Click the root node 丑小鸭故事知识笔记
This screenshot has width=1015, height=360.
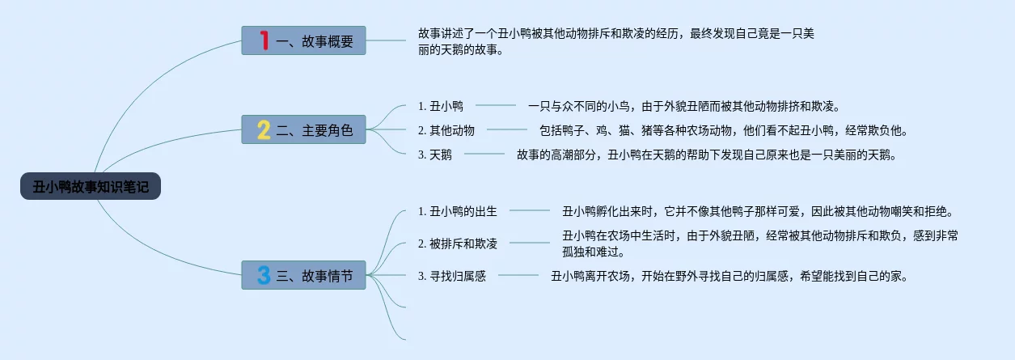click(x=91, y=187)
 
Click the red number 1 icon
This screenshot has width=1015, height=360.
click(x=264, y=40)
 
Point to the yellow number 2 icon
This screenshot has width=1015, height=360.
click(x=264, y=129)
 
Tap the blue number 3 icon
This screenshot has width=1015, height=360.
click(x=264, y=275)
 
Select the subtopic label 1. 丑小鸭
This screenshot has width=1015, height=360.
click(x=441, y=106)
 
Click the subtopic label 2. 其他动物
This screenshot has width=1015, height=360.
click(x=446, y=130)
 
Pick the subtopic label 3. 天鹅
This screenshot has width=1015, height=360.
click(x=435, y=155)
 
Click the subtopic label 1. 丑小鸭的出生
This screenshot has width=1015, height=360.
click(x=458, y=211)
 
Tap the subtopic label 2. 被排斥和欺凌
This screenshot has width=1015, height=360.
click(x=458, y=244)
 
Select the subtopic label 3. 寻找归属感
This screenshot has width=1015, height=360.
click(x=452, y=276)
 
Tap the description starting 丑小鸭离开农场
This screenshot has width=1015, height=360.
click(x=730, y=276)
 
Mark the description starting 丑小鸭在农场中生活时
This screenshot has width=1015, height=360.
click(x=760, y=244)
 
